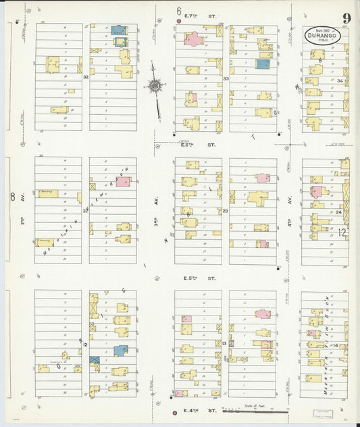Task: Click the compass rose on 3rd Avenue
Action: [155, 86]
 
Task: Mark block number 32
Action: [86, 77]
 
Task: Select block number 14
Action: [335, 345]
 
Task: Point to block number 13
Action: [224, 344]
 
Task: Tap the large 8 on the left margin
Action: [11, 197]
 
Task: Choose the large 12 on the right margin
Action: [342, 232]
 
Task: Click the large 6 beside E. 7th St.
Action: [179, 11]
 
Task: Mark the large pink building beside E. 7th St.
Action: [194, 39]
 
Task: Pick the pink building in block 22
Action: [123, 181]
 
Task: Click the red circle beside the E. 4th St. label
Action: [175, 411]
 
